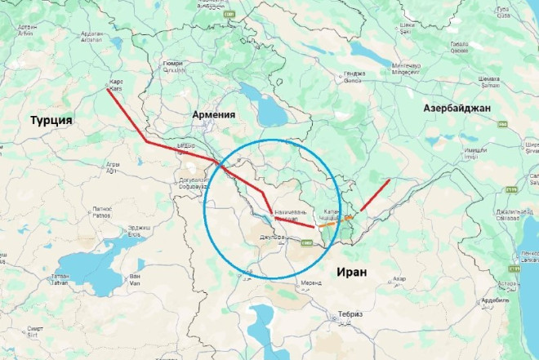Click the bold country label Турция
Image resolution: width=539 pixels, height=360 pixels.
pos(51,121)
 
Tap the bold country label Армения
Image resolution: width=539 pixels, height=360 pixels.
pos(213,115)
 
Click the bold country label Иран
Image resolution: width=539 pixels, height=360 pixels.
pos(350,272)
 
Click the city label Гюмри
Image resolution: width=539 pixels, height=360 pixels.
pos(172,64)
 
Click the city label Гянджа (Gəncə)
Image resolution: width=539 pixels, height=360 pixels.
pos(353,78)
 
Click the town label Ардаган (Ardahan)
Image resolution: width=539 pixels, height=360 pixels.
pos(92,36)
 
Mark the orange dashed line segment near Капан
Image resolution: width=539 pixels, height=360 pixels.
pos(349,219)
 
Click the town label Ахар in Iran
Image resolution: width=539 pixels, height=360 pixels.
pos(399,280)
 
